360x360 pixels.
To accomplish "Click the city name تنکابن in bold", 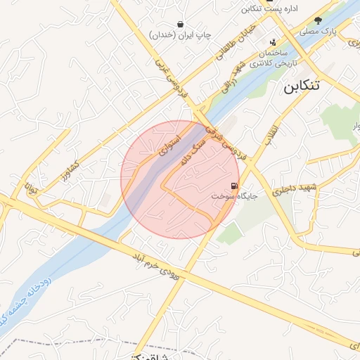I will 310,87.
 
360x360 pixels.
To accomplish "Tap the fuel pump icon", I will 233,187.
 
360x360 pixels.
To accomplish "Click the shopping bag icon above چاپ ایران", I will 181,23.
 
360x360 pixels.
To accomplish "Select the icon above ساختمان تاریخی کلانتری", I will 274,43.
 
